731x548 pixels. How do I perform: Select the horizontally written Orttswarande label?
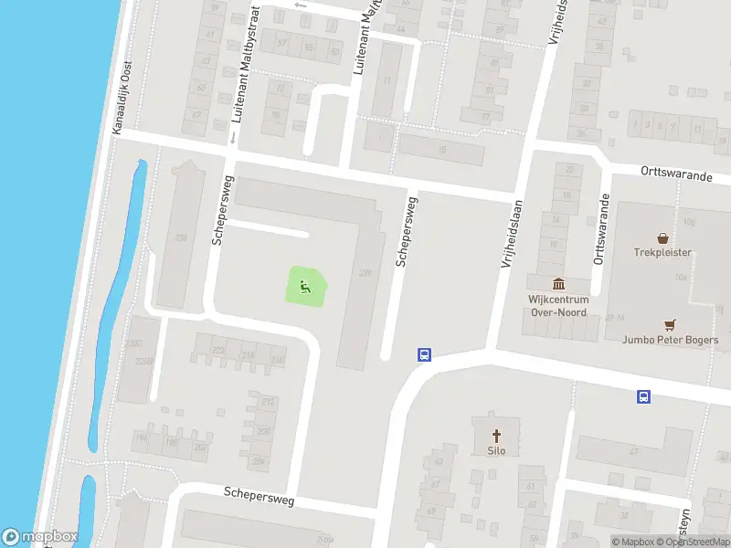point(675,174)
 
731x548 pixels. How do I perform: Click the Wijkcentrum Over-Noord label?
point(558,305)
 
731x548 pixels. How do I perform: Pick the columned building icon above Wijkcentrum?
point(558,283)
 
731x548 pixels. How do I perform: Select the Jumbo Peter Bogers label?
point(670,341)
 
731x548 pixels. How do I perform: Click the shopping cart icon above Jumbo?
point(670,324)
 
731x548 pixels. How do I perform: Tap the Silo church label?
point(497,450)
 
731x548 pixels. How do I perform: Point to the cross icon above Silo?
point(497,435)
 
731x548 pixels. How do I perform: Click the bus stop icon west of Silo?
point(424,354)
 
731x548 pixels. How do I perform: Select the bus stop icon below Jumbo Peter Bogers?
point(643,396)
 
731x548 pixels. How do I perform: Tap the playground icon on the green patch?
point(306,287)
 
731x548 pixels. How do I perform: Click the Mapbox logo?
point(40,537)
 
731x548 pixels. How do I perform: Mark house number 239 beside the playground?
point(366,272)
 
